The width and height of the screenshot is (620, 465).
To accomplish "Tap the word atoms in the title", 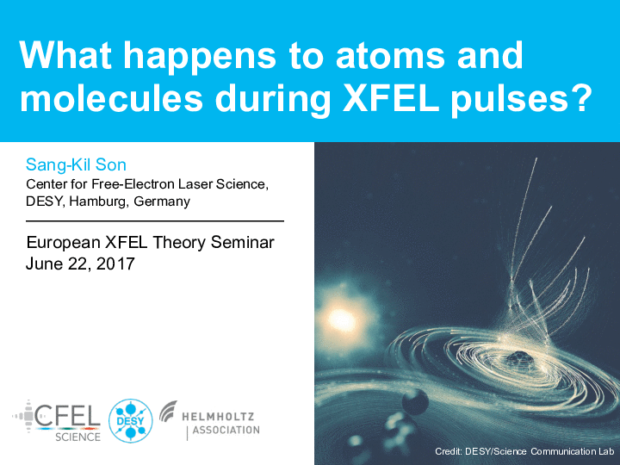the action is pos(390,56).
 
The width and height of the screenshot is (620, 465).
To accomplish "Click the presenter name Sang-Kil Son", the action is pos(76,164).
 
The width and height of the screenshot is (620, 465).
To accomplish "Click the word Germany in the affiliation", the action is pos(162,202).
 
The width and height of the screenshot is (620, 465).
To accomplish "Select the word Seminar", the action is pos(242,242).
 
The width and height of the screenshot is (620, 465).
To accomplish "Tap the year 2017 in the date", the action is pos(115,263).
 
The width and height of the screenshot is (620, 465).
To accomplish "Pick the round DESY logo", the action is pos(131,420).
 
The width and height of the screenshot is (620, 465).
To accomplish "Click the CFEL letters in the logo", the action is pos(67,415).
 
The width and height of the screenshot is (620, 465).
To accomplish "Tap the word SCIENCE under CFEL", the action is pos(77,437).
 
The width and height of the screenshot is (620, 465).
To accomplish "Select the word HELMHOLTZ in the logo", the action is pos(218,417).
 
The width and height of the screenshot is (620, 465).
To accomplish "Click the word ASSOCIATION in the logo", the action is pos(226,430).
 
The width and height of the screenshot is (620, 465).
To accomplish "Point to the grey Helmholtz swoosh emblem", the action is pos(169,411).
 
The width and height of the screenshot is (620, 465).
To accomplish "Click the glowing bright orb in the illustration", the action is pos(341,319).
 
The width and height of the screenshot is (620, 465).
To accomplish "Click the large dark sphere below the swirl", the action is pos(415,402).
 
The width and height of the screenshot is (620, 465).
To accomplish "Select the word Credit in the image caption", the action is pos(448,451).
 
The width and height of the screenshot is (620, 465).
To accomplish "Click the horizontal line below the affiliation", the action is pos(155,221).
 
